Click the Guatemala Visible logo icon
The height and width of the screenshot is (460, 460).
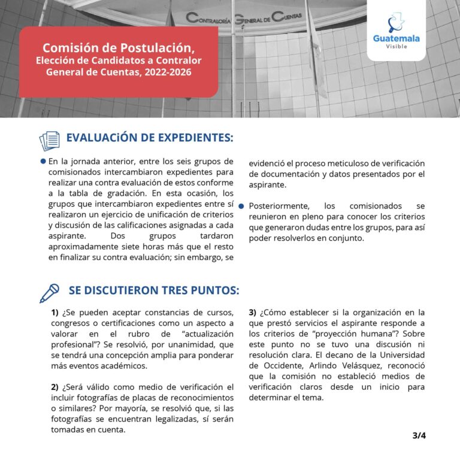coord(396,23)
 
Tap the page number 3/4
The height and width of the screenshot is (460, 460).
coord(419,436)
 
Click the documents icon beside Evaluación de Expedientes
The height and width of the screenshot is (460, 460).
coord(50,141)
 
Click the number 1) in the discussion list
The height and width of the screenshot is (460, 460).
coord(55,313)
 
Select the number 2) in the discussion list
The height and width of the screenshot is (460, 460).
coord(55,387)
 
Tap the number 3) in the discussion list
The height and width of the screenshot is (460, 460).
coord(253,313)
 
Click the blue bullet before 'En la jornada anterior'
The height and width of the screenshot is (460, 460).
coord(43,162)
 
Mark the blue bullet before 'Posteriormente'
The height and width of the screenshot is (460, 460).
coord(241,206)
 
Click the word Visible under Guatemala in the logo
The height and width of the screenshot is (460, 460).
coord(396,47)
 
